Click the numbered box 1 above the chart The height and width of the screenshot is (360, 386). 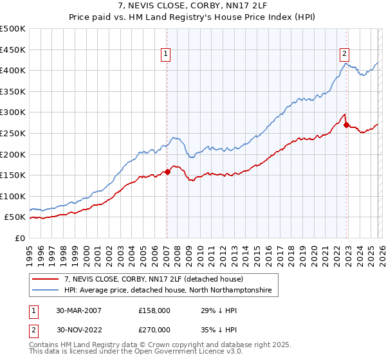(x=166, y=54)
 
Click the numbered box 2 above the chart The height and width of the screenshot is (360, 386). (x=345, y=54)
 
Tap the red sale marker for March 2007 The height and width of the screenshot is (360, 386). (x=167, y=172)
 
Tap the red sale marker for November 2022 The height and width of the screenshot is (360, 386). (x=346, y=125)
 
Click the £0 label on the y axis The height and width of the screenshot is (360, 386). (x=19, y=238)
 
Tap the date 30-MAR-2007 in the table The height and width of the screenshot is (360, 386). (x=78, y=310)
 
